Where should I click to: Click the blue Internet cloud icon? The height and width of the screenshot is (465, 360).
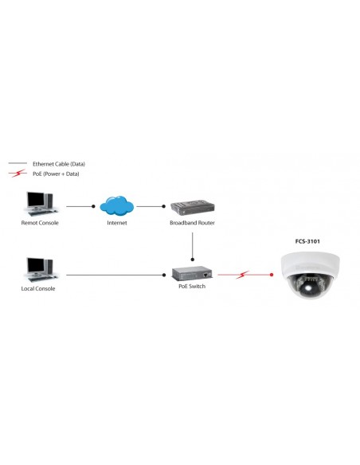pyautogui.click(x=116, y=205)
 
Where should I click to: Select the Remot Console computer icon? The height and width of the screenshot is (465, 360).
pyautogui.click(x=40, y=204)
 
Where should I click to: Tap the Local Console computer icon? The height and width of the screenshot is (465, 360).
pyautogui.click(x=39, y=269)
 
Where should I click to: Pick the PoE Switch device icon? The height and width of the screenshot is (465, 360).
pyautogui.click(x=192, y=273)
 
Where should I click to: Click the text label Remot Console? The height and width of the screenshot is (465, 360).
pyautogui.click(x=40, y=223)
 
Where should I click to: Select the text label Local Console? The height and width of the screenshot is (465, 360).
pyautogui.click(x=38, y=288)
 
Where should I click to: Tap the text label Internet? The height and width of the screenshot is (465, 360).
pyautogui.click(x=116, y=223)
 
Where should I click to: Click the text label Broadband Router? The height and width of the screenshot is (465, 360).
pyautogui.click(x=192, y=223)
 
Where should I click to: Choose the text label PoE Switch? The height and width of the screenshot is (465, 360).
pyautogui.click(x=192, y=286)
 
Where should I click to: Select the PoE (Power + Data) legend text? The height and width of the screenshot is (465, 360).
pyautogui.click(x=55, y=173)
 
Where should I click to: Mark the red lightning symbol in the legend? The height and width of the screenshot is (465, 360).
pyautogui.click(x=15, y=173)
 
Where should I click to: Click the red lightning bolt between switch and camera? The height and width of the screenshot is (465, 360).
pyautogui.click(x=242, y=275)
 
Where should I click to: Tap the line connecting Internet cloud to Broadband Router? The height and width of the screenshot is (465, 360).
pyautogui.click(x=151, y=206)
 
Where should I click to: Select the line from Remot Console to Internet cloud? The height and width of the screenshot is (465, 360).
pyautogui.click(x=80, y=206)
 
